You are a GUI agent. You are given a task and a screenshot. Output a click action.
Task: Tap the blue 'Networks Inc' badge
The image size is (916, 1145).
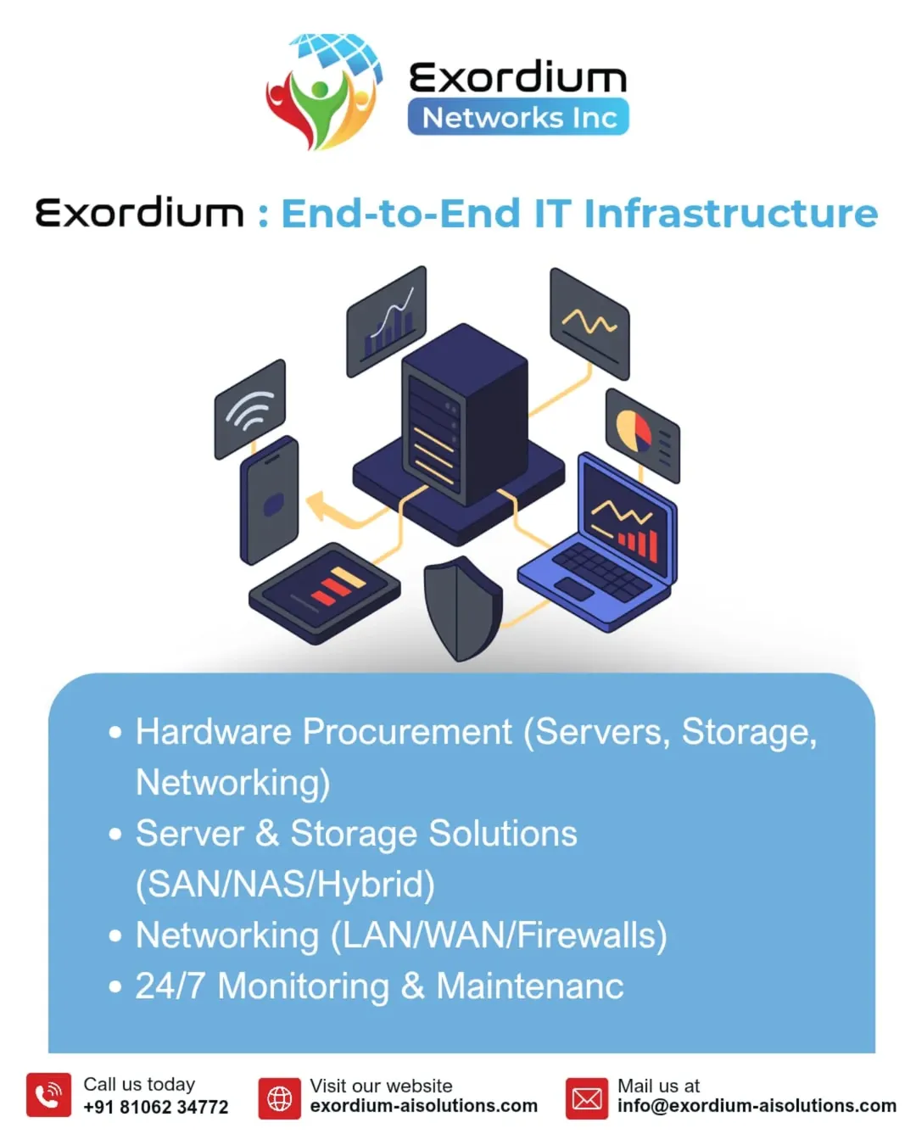tap(518, 117)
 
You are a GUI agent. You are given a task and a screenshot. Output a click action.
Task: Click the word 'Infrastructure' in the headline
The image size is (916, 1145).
tap(730, 214)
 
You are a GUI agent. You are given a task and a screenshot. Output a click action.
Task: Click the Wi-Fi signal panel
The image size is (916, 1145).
tap(249, 409)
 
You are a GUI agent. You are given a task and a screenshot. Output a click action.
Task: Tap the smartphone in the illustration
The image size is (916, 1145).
tap(270, 500)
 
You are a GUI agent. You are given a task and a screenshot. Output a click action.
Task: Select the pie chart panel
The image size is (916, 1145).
tap(642, 434)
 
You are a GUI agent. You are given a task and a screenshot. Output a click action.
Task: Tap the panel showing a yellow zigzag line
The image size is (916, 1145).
tap(589, 323)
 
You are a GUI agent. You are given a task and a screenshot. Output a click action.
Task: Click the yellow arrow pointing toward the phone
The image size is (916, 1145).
tap(327, 508)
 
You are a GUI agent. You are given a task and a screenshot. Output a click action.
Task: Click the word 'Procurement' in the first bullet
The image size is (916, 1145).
tap(407, 732)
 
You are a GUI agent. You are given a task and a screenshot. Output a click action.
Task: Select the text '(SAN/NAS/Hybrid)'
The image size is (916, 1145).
tap(285, 885)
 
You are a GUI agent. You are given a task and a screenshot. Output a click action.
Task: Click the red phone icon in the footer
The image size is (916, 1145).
tap(48, 1095)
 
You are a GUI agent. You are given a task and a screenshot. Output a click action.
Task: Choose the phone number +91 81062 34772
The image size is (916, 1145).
tap(156, 1107)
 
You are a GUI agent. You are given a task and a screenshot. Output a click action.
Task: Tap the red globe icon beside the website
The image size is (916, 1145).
tap(279, 1098)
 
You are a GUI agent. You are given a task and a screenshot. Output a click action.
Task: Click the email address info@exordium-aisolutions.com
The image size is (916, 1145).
tap(757, 1106)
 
